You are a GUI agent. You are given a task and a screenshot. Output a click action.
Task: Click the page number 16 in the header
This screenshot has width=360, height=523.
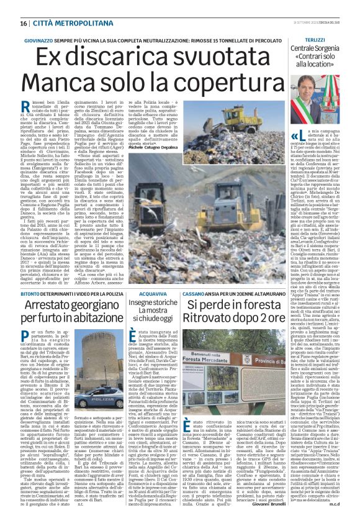click(x=23, y=23)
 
